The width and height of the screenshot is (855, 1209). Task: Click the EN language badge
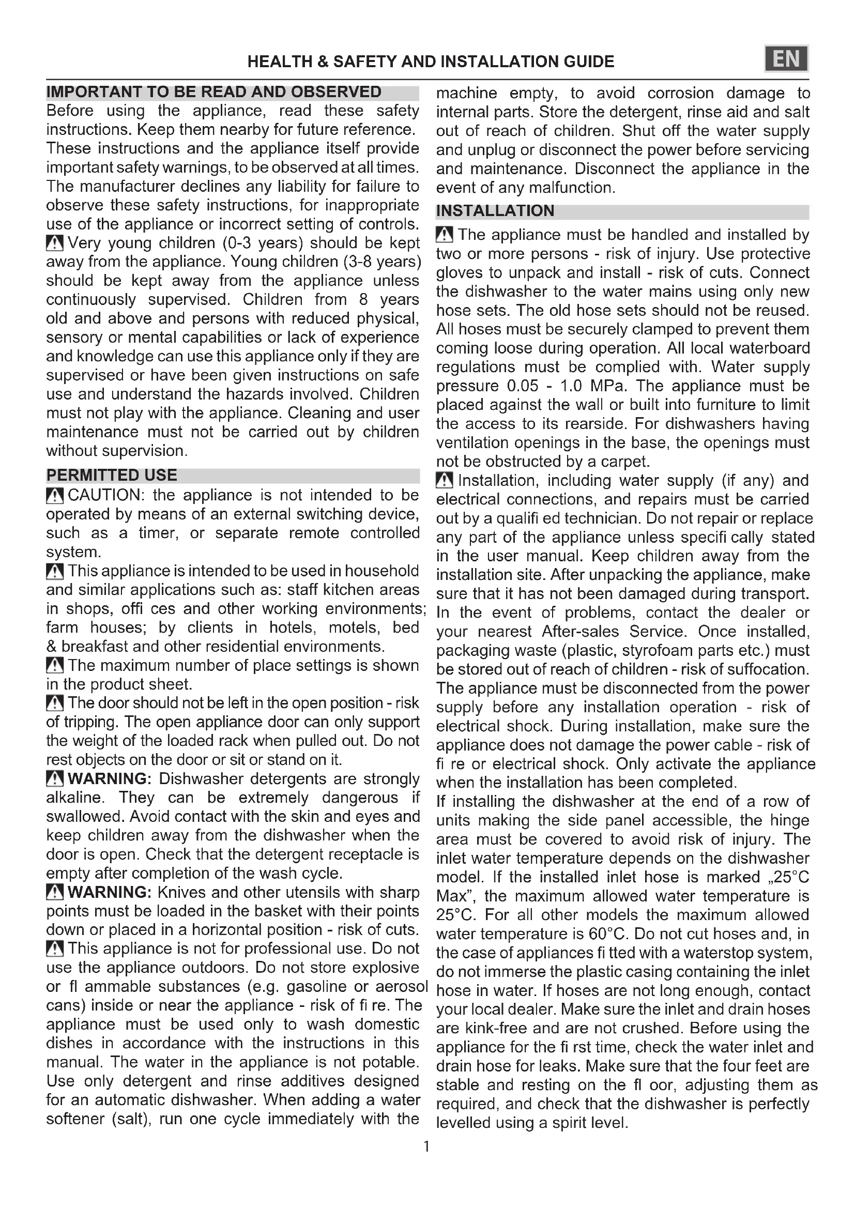coord(786,59)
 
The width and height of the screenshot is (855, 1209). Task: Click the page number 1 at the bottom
coord(426,1146)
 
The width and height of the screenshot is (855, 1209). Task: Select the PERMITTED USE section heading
coord(112,475)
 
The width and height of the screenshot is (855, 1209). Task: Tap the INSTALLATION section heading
coord(495,210)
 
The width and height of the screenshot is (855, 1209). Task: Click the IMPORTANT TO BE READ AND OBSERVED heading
coord(214,92)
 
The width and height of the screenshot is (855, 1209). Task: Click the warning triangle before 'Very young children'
coord(55,243)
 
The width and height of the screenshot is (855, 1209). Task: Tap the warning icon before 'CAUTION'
coord(55,496)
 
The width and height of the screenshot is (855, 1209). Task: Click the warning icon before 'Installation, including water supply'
coord(445,480)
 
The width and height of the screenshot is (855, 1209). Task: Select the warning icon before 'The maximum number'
coord(55,666)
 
